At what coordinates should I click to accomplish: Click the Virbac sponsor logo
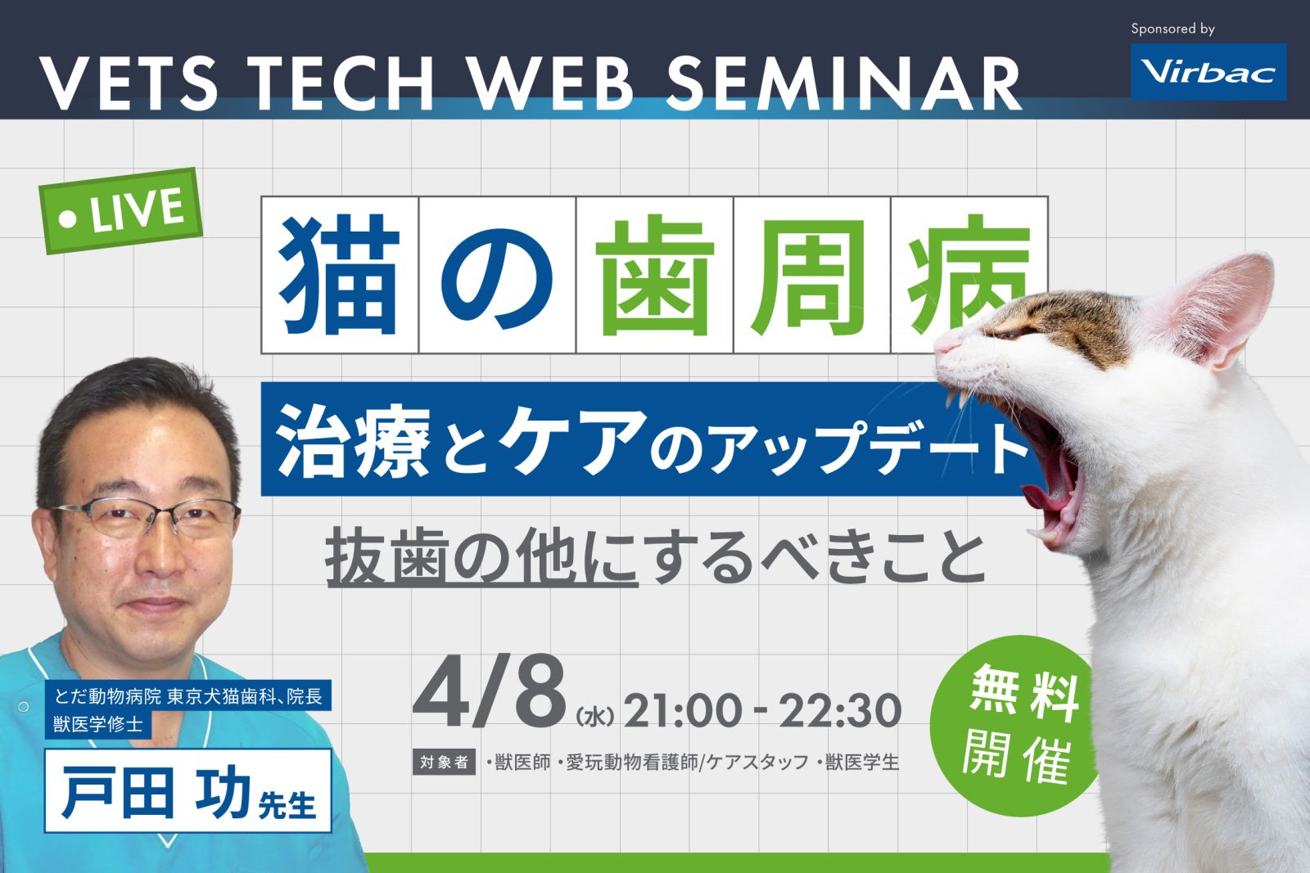[1208, 71]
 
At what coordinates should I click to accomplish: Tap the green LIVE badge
[121, 211]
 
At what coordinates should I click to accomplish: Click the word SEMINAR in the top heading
[844, 83]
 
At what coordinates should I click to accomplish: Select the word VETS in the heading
[129, 83]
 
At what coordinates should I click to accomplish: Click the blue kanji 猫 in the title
[339, 275]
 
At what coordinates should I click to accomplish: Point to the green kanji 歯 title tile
[655, 275]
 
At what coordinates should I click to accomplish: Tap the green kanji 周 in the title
[811, 275]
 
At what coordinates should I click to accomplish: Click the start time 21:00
[682, 710]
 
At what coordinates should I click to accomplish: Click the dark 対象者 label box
[444, 763]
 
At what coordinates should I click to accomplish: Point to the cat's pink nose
[942, 344]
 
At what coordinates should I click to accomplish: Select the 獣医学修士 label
[98, 725]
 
